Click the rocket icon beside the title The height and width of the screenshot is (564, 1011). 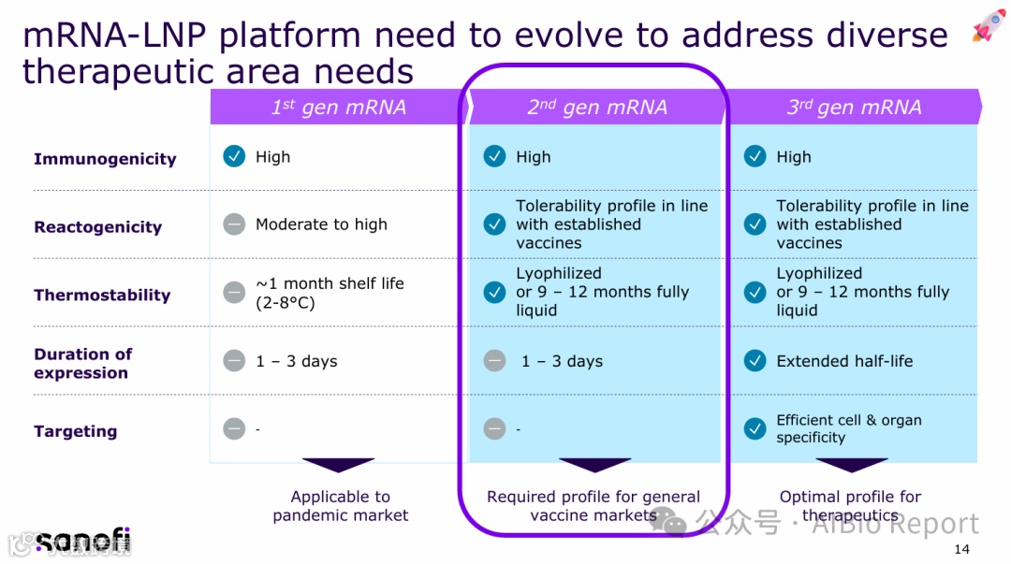pos(989,25)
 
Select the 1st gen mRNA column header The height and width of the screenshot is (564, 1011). pos(339,108)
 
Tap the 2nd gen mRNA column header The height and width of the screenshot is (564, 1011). pos(597,108)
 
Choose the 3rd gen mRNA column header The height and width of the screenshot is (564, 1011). pos(854,108)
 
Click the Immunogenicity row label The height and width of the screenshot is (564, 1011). pos(105,159)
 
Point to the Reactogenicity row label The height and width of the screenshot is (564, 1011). pos(97,227)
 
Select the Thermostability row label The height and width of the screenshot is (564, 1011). pos(102,296)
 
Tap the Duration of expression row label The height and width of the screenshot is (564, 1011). pos(82,363)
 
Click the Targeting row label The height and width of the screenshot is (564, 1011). pos(75,431)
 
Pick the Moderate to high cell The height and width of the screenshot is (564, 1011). pos(321,224)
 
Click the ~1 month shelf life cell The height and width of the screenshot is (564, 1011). pos(330,293)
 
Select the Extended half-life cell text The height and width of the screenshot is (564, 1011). pos(844,361)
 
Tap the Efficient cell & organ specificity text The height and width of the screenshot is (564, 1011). pos(849,428)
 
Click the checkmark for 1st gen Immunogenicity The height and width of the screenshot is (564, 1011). pos(234,156)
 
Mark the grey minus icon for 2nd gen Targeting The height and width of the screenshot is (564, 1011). pos(494,428)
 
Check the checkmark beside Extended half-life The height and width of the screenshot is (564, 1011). pos(755,361)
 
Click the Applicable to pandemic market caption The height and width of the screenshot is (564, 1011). pos(341,506)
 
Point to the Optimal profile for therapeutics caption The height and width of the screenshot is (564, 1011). pos(850,506)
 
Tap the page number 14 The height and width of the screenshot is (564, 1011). pos(961,549)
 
